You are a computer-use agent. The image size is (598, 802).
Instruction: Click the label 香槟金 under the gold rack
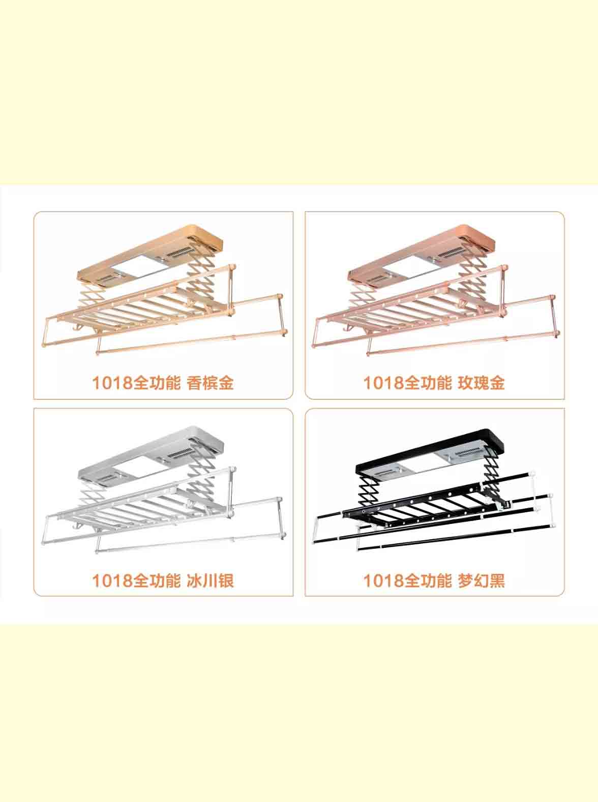[210, 383]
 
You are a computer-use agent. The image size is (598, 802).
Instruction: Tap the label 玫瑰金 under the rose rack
[481, 383]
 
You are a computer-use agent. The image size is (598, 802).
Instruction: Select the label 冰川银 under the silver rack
[210, 581]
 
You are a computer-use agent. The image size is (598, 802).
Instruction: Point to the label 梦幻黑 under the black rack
[481, 581]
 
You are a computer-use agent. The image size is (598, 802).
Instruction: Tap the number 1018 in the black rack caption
[383, 581]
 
